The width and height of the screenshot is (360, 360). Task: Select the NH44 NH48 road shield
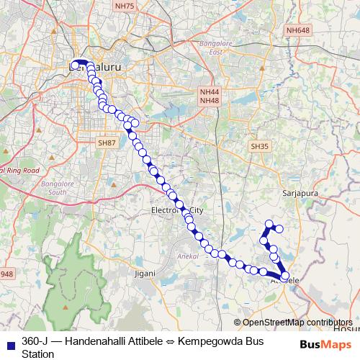point(210,96)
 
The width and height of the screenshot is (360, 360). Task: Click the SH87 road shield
point(107,144)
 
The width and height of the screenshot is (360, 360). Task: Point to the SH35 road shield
point(259,146)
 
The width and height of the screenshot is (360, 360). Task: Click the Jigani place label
point(145,274)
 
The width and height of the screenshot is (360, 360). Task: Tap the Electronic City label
point(177,210)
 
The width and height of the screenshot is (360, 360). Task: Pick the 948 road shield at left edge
point(6,274)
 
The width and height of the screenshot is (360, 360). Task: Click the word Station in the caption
point(37,354)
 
